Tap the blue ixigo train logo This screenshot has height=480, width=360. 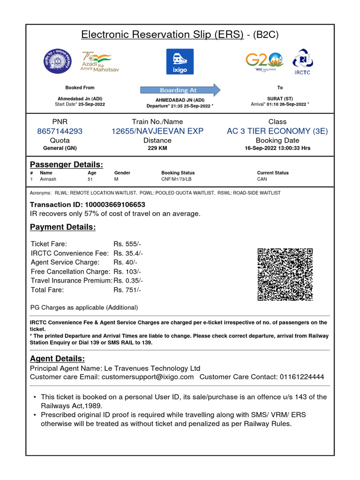click(180, 61)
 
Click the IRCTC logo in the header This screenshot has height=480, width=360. click(302, 61)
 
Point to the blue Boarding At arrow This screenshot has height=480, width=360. click(180, 90)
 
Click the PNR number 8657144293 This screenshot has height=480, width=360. click(60, 131)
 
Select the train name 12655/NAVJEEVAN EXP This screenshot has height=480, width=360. click(157, 131)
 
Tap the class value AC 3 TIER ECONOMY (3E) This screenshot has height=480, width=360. click(277, 131)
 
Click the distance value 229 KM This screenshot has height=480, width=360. click(157, 148)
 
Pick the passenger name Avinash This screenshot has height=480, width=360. click(48, 179)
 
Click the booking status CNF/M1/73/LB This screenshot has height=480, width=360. click(176, 179)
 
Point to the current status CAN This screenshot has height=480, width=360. click(262, 179)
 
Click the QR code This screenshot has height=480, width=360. click(285, 275)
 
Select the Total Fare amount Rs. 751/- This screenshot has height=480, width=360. click(127, 290)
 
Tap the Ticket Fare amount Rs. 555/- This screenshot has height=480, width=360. click(127, 244)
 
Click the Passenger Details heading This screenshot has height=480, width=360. click(67, 165)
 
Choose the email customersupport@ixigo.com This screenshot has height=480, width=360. click(148, 377)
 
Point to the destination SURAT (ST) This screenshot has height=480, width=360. click(280, 99)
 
